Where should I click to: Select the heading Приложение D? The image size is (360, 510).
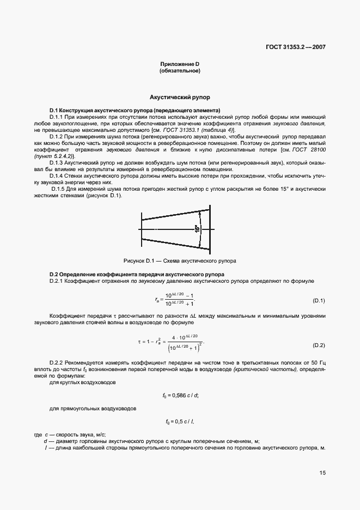pyautogui.click(x=180, y=64)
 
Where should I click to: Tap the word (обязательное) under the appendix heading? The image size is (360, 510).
pyautogui.click(x=180, y=71)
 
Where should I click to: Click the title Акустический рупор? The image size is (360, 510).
pyautogui.click(x=180, y=97)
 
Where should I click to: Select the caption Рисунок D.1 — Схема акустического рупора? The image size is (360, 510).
pyautogui.click(x=180, y=260)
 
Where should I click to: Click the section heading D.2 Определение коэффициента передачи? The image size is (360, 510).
pyautogui.click(x=137, y=274)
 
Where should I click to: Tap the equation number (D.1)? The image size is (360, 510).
pyautogui.click(x=319, y=301)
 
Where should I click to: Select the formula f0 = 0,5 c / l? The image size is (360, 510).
pyautogui.click(x=180, y=422)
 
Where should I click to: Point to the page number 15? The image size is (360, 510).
pyautogui.click(x=322, y=473)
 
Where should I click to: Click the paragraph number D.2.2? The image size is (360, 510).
pyautogui.click(x=57, y=362)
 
